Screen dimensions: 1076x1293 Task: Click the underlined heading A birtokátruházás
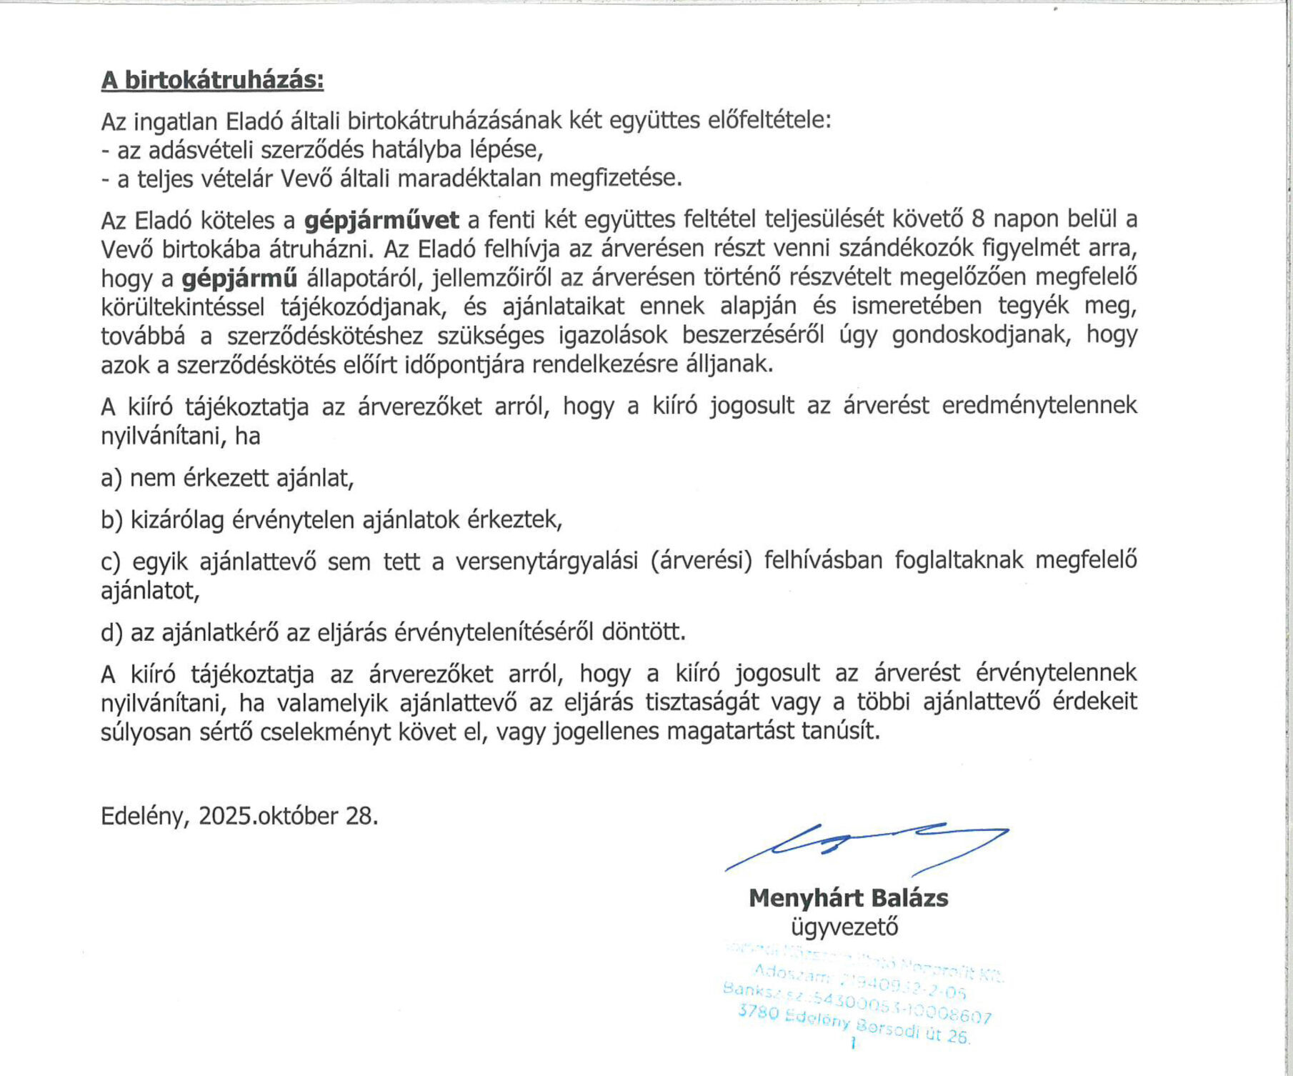[212, 80]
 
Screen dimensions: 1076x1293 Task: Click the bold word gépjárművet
[381, 220]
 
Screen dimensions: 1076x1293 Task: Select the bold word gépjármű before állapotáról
[239, 279]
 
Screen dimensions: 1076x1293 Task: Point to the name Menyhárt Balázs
[848, 898]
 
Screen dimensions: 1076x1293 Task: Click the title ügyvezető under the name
[844, 927]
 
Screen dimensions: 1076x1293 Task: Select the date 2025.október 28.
[288, 816]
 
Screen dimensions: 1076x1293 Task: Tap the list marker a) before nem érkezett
[112, 478]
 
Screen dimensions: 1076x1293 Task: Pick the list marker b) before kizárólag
[112, 520]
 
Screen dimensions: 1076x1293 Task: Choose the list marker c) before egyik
[111, 562]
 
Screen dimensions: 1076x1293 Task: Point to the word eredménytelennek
[1039, 406]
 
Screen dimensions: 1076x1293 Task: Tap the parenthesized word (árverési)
[702, 562]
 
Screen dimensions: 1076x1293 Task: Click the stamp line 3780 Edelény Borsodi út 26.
[854, 1025]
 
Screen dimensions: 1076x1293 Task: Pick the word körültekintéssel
[182, 307]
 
